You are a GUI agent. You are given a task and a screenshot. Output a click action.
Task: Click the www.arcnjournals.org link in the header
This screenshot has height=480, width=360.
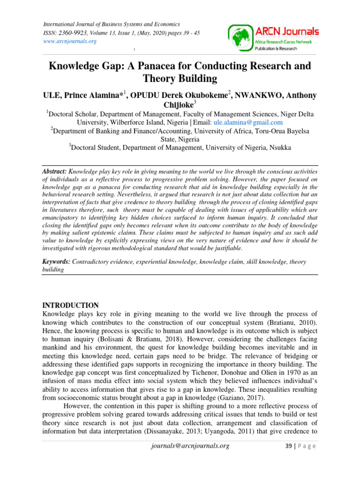click(x=70, y=41)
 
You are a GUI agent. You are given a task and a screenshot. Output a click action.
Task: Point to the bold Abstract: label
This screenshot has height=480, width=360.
click(x=54, y=172)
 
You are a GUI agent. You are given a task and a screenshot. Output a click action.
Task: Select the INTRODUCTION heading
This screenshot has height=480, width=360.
click(x=71, y=305)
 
